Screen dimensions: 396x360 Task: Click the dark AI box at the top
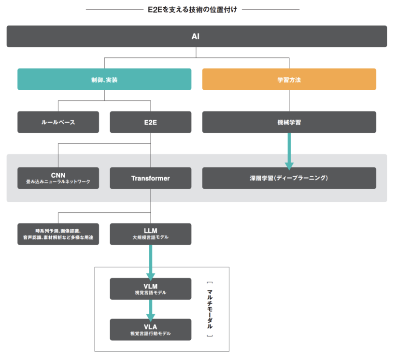[x=197, y=36]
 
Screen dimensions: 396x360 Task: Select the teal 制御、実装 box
[x=104, y=79]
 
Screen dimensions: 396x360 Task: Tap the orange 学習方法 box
[x=289, y=79]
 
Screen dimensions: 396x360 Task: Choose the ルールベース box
[x=58, y=122]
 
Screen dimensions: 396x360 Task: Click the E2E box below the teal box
[x=151, y=122]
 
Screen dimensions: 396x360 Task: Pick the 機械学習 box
[x=289, y=122]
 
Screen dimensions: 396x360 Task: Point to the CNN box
[x=58, y=178]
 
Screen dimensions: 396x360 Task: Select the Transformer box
[x=151, y=178]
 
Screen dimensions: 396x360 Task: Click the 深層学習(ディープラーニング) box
[x=289, y=178]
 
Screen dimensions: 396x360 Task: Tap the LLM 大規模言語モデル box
[x=151, y=234]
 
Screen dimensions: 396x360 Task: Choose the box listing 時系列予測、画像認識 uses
[x=58, y=234]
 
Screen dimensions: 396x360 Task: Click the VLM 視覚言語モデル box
[x=151, y=289]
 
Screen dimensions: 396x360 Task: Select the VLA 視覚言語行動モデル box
[x=151, y=330]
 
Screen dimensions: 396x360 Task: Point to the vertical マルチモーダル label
[x=210, y=309]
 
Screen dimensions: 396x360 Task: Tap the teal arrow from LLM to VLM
[x=151, y=263]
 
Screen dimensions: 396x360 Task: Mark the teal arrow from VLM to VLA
[x=151, y=310]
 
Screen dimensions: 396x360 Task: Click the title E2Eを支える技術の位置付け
[x=192, y=10]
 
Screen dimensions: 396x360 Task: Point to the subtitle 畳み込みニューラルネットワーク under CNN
[x=58, y=182]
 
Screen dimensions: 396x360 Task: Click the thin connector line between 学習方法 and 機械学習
[x=289, y=101]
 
